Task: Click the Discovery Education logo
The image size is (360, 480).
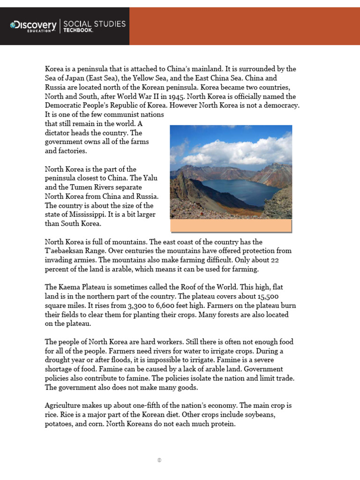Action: tap(33, 26)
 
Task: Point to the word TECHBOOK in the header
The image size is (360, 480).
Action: tap(78, 30)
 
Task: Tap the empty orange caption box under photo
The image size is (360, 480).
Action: tap(231, 225)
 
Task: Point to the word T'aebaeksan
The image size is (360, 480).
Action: tap(65, 251)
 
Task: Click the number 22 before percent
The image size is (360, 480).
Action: tap(274, 260)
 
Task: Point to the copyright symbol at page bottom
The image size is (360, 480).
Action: tap(159, 460)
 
